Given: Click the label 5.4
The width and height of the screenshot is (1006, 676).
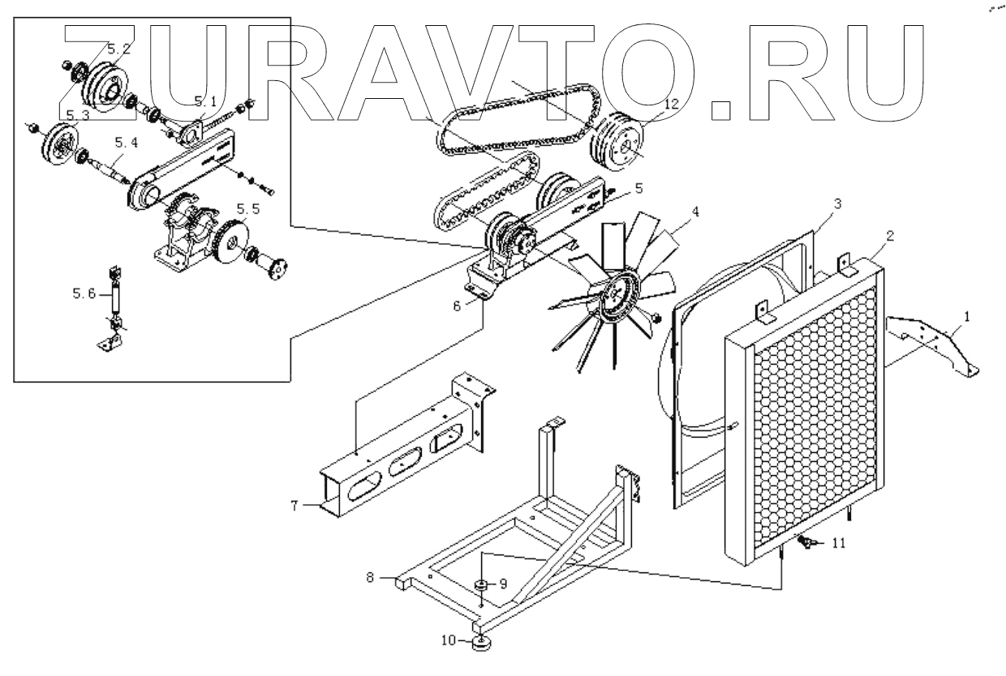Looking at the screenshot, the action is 127,143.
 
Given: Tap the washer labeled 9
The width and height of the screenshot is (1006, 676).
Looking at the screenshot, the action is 480,584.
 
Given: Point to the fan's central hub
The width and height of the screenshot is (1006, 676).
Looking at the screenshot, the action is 620,298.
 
